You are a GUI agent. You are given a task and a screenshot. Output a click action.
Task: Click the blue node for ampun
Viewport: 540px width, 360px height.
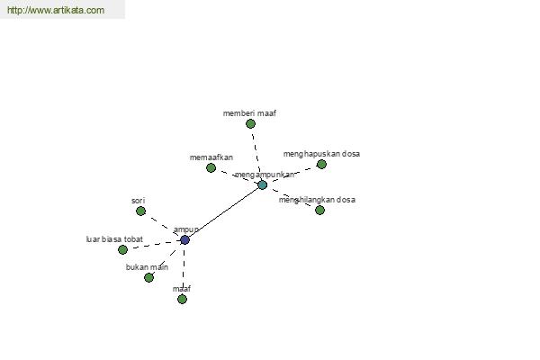pyautogui.click(x=184, y=239)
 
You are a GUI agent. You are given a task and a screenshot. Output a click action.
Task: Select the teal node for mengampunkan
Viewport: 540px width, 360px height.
pyautogui.click(x=263, y=185)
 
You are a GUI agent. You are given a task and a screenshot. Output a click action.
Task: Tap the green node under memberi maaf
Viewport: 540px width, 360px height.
pyautogui.click(x=251, y=123)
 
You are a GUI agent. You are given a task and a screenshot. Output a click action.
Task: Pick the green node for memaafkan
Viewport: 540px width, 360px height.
pyautogui.click(x=211, y=167)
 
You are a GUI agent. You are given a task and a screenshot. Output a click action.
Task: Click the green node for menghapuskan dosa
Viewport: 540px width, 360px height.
pyautogui.click(x=321, y=165)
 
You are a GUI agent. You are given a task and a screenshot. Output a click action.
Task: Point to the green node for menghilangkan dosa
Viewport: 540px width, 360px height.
pyautogui.click(x=319, y=210)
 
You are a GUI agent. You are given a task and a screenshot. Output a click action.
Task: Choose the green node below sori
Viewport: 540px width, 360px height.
pyautogui.click(x=141, y=211)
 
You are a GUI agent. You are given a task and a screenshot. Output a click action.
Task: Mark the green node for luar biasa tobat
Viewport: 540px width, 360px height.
pyautogui.click(x=123, y=250)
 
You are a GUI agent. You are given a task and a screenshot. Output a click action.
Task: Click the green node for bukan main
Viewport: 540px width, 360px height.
pyautogui.click(x=148, y=277)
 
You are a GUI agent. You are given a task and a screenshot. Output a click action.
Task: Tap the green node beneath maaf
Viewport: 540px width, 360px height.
pyautogui.click(x=182, y=299)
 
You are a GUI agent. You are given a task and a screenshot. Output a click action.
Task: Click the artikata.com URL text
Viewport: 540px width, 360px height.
pyautogui.click(x=56, y=10)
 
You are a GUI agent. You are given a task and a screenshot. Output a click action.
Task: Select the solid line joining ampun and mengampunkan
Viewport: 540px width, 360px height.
pyautogui.click(x=224, y=212)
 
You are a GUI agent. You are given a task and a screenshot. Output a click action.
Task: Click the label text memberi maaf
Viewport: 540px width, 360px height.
pyautogui.click(x=249, y=113)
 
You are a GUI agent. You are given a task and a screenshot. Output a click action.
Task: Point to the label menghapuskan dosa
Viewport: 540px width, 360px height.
pyautogui.click(x=321, y=154)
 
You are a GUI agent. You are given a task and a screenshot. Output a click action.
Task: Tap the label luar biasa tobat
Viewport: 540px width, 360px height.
pyautogui.click(x=114, y=239)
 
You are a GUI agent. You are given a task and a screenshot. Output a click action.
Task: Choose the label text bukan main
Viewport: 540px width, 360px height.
pyautogui.click(x=147, y=267)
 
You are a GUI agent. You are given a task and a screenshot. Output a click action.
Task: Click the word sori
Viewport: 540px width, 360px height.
pyautogui.click(x=138, y=201)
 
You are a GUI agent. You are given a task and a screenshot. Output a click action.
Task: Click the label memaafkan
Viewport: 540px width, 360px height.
pyautogui.click(x=211, y=157)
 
